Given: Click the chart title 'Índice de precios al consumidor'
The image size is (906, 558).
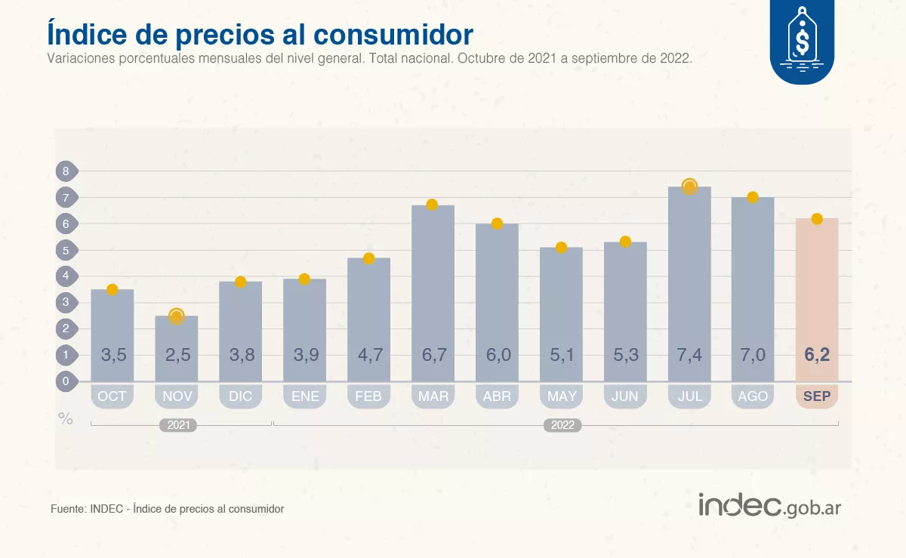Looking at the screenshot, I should tap(260, 34).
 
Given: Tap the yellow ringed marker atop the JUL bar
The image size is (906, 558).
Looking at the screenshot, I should tap(689, 187).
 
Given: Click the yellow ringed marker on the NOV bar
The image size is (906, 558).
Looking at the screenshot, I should tap(176, 316).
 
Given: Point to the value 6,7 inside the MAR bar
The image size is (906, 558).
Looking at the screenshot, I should tap(433, 355).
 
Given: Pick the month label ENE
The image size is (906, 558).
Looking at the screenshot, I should tap(304, 396).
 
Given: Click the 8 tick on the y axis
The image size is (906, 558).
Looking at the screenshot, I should tap(66, 171).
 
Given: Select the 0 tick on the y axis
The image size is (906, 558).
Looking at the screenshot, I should tap(66, 381).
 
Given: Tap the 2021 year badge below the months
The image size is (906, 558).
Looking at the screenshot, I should tap(178, 425).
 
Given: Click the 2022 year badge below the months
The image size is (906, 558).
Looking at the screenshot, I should tap(562, 425).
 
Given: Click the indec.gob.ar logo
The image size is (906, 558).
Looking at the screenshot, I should tap(769, 505).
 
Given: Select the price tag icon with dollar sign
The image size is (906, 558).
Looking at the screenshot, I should tap(802, 38).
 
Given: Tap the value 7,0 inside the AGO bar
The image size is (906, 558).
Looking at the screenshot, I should tap(753, 355).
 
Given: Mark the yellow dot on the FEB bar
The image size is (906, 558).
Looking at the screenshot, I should tap(368, 258).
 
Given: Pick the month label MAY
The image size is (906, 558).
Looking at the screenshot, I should tap(561, 396).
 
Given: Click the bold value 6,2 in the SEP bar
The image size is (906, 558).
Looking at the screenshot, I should tap(817, 355).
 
